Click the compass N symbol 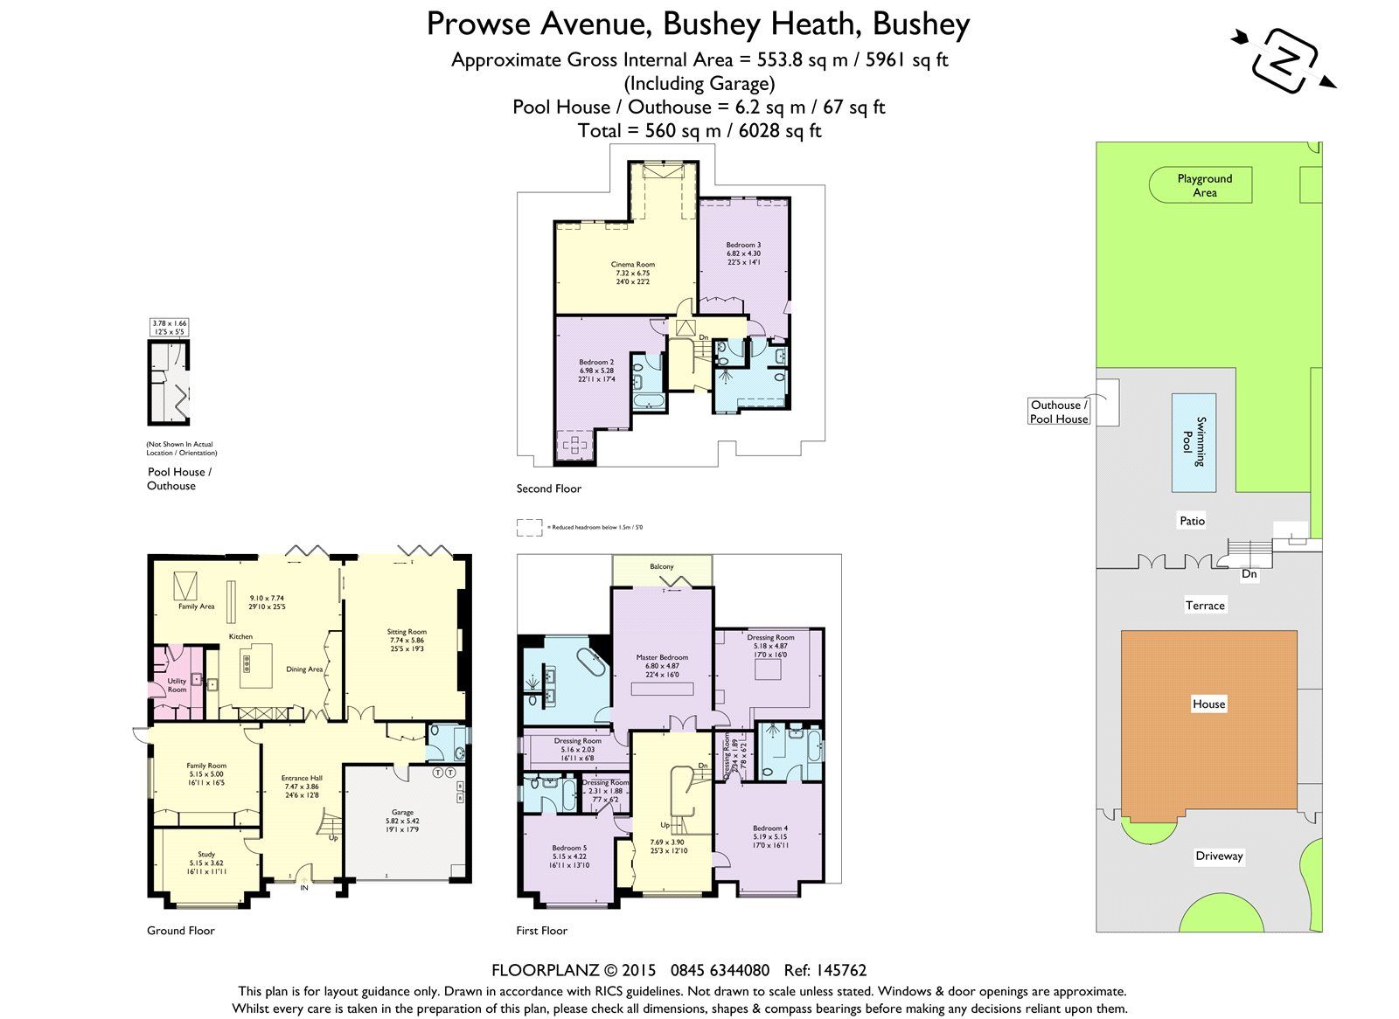pos(1284,59)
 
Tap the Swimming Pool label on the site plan pos(1193,441)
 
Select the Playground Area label pos(1204,185)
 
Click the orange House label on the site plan pos(1208,704)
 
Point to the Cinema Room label pos(632,264)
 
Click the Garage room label pos(402,812)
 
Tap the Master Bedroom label pos(662,657)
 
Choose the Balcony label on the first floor pos(662,566)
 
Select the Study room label pos(206,854)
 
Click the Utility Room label pos(177,685)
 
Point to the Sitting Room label pos(407,631)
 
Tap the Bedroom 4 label pos(769,828)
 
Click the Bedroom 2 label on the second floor pos(596,362)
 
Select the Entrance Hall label pos(302,777)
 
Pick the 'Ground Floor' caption pos(180,931)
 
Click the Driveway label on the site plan pos(1218,856)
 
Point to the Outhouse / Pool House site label pos(1059,412)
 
